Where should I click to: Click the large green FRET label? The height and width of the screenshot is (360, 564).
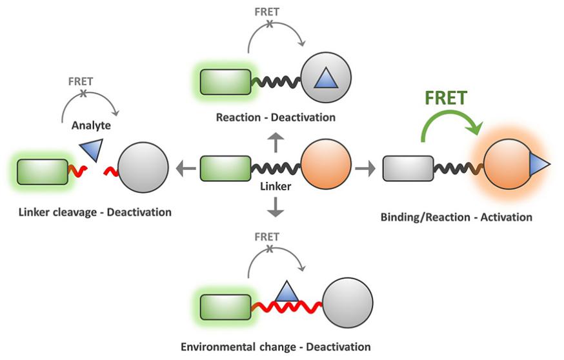(x=446, y=99)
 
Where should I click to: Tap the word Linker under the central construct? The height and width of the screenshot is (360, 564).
(x=276, y=186)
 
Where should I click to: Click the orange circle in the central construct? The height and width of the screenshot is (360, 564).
(x=327, y=168)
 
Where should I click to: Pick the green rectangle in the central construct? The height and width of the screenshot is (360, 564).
(x=225, y=168)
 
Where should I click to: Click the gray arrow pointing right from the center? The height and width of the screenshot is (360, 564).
(x=365, y=168)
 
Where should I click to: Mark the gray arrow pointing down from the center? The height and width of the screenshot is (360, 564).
(x=276, y=206)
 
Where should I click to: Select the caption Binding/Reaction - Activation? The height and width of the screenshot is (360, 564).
(x=457, y=217)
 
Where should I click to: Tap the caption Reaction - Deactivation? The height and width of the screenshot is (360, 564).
(x=276, y=117)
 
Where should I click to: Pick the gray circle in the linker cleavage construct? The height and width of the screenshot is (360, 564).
(x=142, y=168)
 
